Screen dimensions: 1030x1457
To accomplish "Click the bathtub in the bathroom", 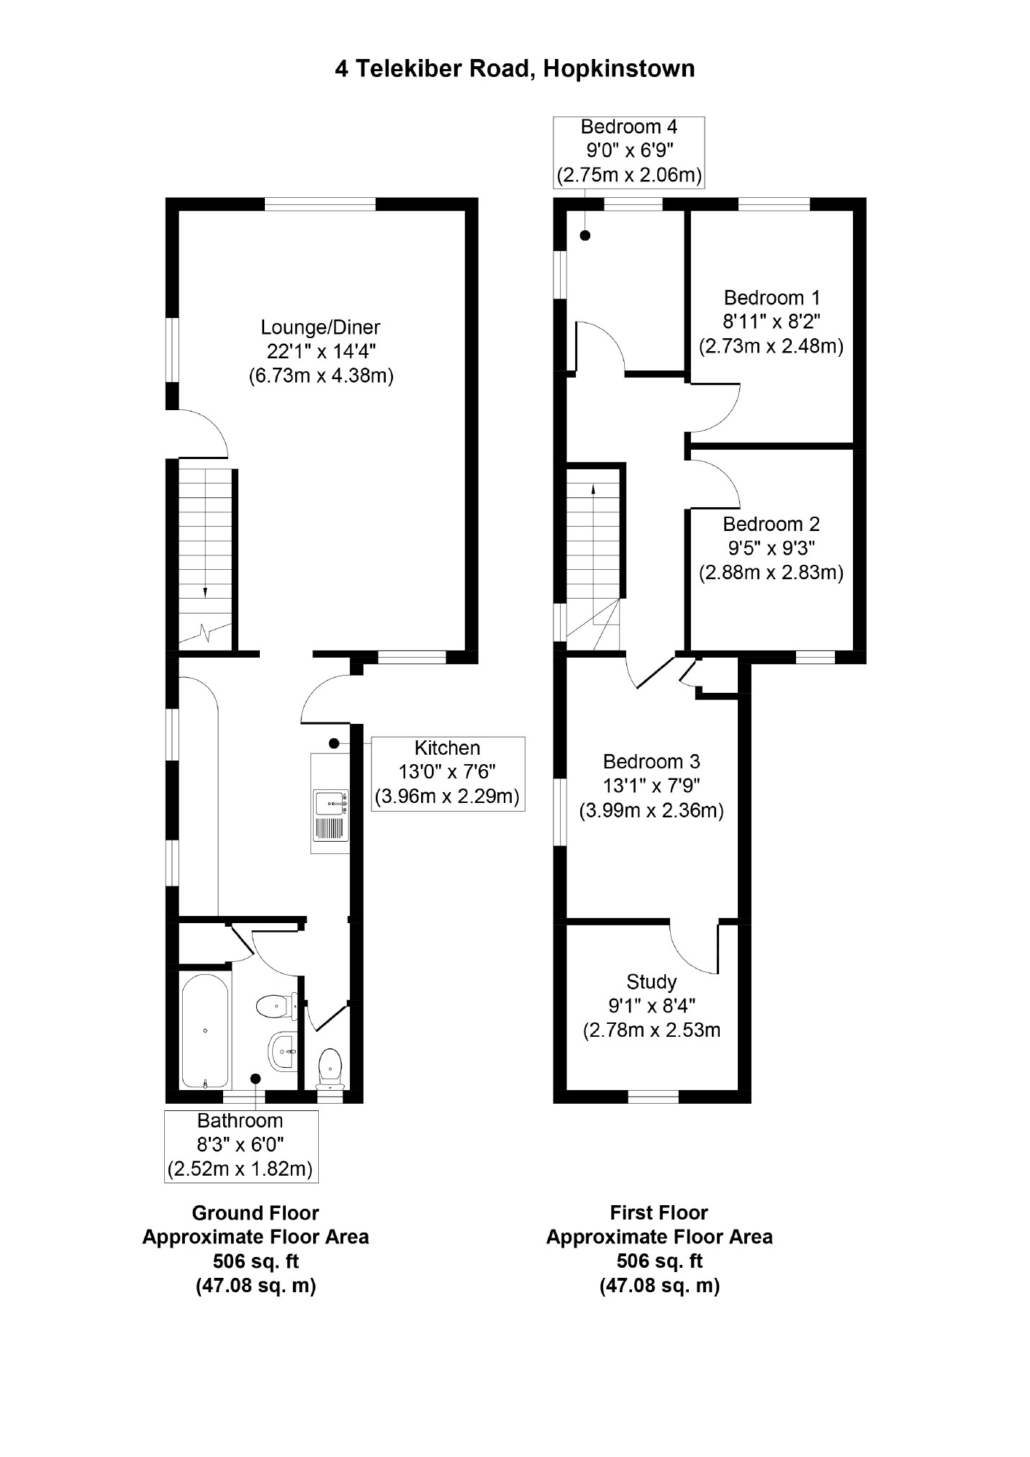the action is pos(205,1031).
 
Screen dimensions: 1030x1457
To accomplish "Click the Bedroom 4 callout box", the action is pos(629,152).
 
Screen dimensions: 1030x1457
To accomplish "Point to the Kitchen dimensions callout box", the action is pos(448,773).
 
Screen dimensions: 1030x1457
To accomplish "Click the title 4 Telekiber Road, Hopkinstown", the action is pos(515,69).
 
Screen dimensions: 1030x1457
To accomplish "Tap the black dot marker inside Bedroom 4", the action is pos(585,235).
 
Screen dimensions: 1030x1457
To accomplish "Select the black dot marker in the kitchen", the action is pos(334,743).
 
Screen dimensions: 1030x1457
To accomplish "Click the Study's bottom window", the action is pos(654,1097).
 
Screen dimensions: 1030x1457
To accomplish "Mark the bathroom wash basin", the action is pos(282,1051).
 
